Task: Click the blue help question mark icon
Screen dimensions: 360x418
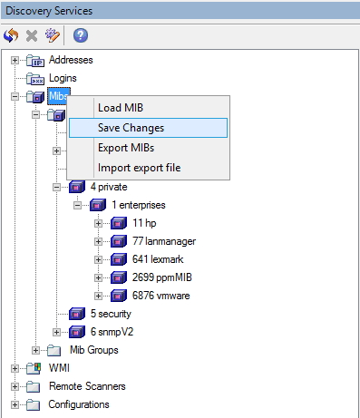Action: click(x=81, y=36)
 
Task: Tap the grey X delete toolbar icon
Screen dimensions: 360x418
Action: click(x=33, y=36)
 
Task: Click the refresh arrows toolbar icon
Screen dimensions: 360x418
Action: click(x=12, y=36)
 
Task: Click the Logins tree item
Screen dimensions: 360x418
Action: click(x=62, y=78)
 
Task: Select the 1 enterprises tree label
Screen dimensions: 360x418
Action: click(x=139, y=205)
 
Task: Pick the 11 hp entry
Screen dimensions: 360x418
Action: click(x=144, y=223)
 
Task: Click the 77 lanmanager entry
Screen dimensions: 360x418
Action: click(x=164, y=241)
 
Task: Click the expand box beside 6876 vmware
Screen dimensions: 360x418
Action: click(x=99, y=296)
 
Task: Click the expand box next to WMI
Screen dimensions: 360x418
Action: click(x=15, y=368)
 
